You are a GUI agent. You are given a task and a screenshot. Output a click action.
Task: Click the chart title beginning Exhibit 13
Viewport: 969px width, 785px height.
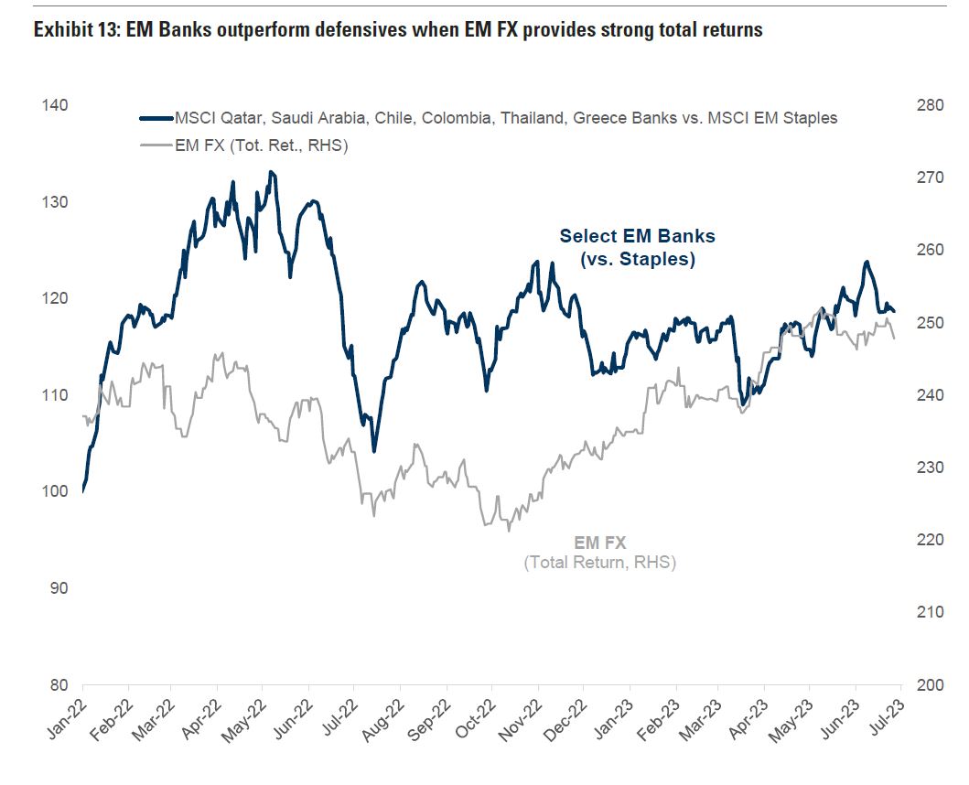pos(397,30)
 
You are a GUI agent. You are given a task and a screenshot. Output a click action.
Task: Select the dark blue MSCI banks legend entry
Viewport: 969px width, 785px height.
pos(504,118)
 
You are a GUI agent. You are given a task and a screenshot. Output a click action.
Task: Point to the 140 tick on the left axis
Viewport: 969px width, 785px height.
pos(54,105)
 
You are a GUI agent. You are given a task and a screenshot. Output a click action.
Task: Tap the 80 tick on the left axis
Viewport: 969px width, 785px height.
pos(58,684)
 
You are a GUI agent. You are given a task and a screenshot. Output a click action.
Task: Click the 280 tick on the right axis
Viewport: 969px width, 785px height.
pos(930,105)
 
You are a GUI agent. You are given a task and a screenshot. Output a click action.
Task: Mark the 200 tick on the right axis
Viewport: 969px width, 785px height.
pos(930,684)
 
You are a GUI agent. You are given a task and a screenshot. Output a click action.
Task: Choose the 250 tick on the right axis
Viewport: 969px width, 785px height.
pos(930,322)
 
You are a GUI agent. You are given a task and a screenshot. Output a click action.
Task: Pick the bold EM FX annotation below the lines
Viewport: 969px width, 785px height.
pos(599,543)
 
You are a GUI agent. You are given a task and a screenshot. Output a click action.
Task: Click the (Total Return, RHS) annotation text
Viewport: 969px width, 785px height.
pos(599,562)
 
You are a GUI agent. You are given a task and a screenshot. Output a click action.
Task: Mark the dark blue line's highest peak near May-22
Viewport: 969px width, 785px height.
pos(270,171)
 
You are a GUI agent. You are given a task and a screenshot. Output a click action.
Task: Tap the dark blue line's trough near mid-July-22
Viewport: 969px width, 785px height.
pos(373,451)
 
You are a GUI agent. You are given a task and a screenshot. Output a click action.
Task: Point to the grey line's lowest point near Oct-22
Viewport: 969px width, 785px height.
pos(509,531)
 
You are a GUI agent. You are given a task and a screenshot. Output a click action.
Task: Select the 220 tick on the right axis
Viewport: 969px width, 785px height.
pos(930,540)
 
